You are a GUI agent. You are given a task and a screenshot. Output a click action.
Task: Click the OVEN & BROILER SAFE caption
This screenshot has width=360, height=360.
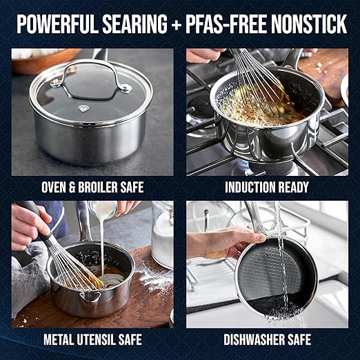pos(92,187)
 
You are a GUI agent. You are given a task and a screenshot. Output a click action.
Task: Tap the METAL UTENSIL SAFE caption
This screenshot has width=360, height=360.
pos(92,339)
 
